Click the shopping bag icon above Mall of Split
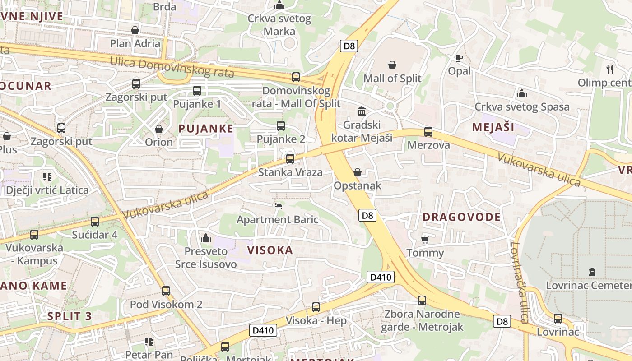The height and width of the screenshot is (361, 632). coord(392,65)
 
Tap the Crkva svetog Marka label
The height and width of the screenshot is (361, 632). coord(279,25)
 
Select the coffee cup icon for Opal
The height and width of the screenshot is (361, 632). coord(459,58)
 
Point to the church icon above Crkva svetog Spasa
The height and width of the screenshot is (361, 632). coord(522,93)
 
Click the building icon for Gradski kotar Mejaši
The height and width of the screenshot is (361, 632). coord(362,111)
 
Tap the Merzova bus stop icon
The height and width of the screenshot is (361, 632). coord(428,132)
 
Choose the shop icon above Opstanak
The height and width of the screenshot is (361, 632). coord(357,172)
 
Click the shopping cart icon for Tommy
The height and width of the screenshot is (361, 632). coord(425,239)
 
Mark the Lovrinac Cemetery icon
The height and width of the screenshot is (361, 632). coord(592,272)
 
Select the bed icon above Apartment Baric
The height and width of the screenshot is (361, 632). coord(278,206)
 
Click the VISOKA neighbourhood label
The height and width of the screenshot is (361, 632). coord(270,250)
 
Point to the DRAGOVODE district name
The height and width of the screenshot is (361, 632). coord(461,217)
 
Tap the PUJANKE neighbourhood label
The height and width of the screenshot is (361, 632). coord(206,129)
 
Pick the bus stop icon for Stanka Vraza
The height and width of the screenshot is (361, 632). coord(290,159)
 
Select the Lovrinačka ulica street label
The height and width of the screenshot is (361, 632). coord(520,282)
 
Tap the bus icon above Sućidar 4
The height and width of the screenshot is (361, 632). coord(95,222)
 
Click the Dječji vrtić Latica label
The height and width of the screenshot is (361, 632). coord(47,190)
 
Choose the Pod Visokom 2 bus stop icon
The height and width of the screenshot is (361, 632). coord(166,291)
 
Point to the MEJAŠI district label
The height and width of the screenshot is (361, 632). coord(493,127)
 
